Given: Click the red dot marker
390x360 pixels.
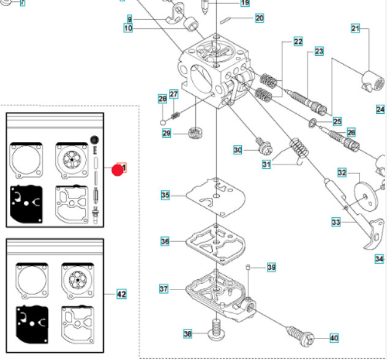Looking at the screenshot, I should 117,169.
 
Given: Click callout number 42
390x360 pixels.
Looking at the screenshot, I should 121,294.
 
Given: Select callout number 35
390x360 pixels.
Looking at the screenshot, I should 165,195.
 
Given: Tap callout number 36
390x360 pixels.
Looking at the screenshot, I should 165,242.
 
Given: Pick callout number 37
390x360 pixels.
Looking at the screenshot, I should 163,288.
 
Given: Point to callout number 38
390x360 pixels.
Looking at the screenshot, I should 188,334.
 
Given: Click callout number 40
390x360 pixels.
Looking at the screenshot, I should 334,337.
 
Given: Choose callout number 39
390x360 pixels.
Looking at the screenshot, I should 271,267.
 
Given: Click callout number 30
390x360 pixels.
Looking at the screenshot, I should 238,149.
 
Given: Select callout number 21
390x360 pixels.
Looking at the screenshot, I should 356,28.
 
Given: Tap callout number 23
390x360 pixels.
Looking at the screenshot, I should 319,51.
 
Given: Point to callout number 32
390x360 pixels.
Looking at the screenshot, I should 342,172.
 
